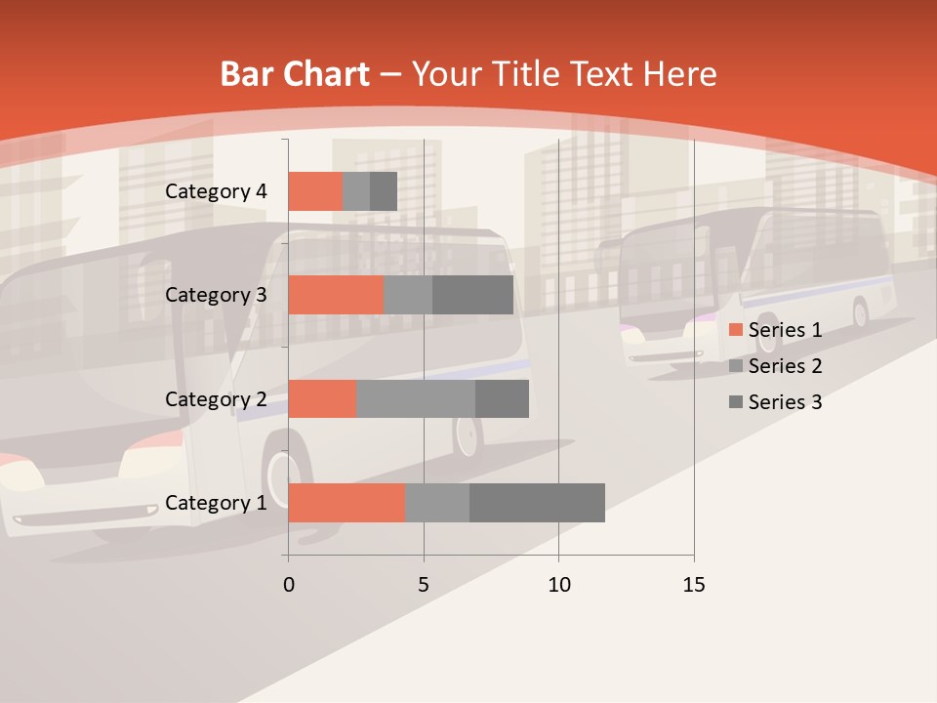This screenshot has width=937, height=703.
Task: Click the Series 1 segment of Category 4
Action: click(315, 191)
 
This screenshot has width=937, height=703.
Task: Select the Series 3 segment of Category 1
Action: click(537, 503)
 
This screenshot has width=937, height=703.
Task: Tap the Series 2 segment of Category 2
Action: click(416, 398)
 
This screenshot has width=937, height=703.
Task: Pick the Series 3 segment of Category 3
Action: click(472, 295)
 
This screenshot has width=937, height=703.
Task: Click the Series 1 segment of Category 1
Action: click(346, 503)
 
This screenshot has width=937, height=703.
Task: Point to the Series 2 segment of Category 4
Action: click(356, 191)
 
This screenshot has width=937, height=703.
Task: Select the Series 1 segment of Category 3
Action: click(336, 295)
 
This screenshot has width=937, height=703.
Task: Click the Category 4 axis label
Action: click(216, 191)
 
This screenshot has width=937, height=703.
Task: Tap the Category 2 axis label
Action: click(216, 399)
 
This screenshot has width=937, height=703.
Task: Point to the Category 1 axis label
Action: click(216, 503)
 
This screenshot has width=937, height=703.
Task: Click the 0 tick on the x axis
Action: click(289, 585)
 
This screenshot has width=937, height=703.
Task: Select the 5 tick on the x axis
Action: click(424, 585)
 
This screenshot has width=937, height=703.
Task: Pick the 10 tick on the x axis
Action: click(558, 585)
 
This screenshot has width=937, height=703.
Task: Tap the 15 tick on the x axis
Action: click(693, 585)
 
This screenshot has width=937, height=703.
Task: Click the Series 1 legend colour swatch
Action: click(735, 330)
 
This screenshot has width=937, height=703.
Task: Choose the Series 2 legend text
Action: click(785, 366)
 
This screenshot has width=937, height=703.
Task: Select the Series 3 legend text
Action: click(785, 402)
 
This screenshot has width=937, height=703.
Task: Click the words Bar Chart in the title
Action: click(295, 74)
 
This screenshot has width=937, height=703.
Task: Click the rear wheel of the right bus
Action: click(860, 312)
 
